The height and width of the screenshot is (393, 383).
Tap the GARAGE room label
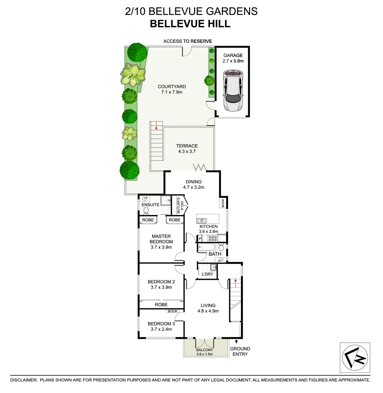[233, 55]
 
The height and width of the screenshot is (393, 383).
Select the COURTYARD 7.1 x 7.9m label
[171, 89]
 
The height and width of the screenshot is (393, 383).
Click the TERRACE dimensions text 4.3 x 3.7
[187, 151]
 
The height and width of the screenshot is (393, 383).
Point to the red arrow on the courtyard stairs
[156, 126]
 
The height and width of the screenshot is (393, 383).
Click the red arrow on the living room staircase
[236, 281]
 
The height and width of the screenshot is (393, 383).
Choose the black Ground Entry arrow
[236, 341]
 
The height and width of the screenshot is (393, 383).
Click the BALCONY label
[204, 350]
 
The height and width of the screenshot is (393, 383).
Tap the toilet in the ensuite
[146, 211]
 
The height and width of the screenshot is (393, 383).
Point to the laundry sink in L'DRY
[213, 268]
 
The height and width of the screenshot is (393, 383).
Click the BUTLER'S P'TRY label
[178, 206]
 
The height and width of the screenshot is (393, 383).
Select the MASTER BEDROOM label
[161, 239]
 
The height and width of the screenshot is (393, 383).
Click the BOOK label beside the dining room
[223, 203]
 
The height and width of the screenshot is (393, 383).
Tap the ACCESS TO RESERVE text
[187, 41]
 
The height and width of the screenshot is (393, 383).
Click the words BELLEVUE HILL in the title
[190, 24]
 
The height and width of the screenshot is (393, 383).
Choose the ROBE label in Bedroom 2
[161, 305]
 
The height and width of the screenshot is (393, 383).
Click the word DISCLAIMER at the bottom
[24, 380]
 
